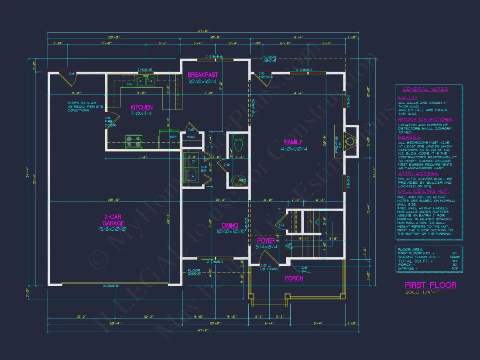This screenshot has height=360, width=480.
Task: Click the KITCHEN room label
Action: click(142, 107)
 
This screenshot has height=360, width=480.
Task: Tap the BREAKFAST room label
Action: click(203, 75)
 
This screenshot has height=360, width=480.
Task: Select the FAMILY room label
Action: click(293, 142)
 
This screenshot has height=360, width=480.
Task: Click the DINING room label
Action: click(230, 226)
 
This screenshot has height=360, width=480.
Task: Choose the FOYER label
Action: click(266, 240)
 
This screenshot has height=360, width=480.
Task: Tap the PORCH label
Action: click(294, 278)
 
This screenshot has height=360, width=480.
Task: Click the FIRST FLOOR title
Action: click(430, 285)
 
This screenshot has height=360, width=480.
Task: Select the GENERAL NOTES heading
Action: click(428, 89)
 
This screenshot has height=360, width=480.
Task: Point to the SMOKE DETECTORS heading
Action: click(425, 119)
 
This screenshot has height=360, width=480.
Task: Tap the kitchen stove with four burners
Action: click(134, 141)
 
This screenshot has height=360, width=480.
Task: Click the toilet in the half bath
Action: click(238, 143)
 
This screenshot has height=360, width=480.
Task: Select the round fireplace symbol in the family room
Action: click(350, 141)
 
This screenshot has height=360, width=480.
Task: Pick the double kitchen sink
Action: click(145, 80)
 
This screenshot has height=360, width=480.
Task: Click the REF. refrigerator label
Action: click(173, 137)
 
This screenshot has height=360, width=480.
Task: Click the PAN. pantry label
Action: click(191, 137)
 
